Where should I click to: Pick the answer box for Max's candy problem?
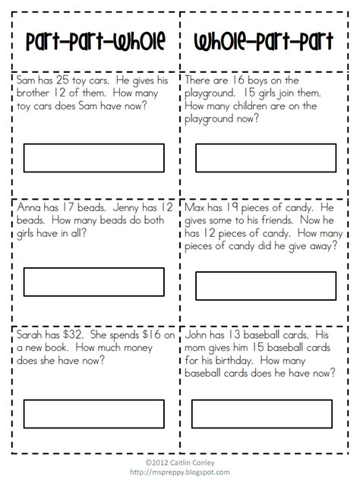pyautogui.click(x=265, y=287)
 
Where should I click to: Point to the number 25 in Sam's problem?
pyautogui.click(x=70, y=80)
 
